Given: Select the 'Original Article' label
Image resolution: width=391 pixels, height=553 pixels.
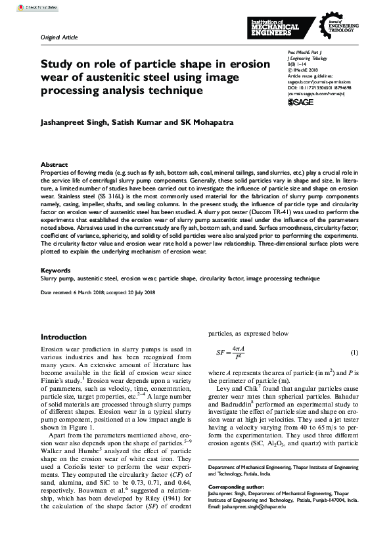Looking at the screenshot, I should tap(59, 38).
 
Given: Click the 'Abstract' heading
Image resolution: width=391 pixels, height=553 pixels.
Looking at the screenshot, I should tap(54, 165).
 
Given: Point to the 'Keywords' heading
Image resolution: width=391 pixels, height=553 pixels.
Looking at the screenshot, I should tap(56, 271).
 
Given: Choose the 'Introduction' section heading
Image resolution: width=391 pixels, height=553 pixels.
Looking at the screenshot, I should tap(63, 337).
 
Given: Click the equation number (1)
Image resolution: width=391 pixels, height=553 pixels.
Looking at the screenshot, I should tap(354, 353).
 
